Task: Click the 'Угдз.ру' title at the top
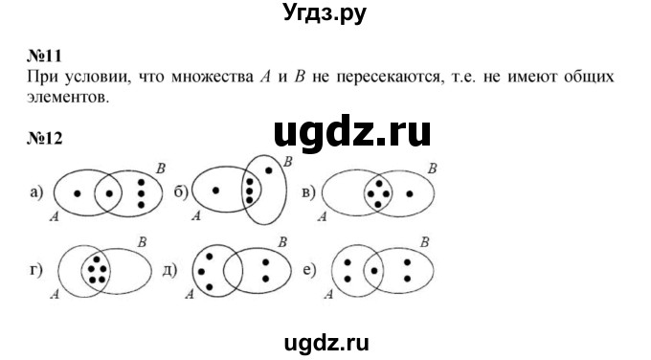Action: tap(325, 13)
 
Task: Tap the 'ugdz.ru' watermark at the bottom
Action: tap(325, 339)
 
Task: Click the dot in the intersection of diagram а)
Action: tap(110, 191)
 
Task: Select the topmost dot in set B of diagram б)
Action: tap(270, 169)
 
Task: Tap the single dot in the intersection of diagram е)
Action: tap(374, 270)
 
